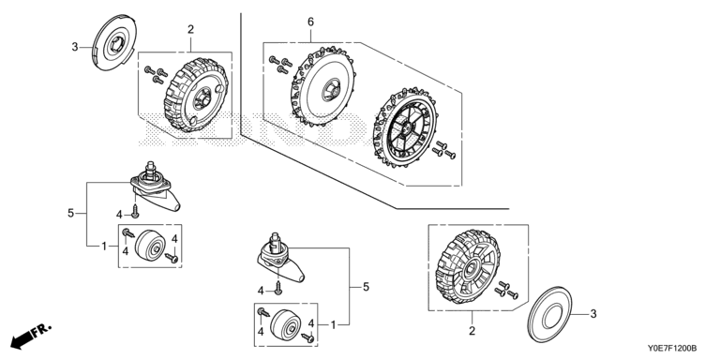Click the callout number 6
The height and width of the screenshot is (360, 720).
coord(311,22)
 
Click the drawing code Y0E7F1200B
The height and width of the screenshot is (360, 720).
coord(672,349)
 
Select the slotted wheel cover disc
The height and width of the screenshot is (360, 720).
coord(114,43)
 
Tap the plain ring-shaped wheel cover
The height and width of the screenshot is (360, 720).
coord(549,315)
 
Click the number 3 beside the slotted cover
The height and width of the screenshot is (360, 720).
coord(75,47)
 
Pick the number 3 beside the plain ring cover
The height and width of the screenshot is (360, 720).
coord(593,314)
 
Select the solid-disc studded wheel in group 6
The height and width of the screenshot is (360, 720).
coord(322,86)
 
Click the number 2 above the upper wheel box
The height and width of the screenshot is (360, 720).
coord(190,29)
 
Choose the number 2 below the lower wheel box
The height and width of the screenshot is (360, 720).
coord(472,331)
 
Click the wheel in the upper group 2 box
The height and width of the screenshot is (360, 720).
coord(196,95)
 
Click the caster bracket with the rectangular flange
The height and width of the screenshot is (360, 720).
coord(154,189)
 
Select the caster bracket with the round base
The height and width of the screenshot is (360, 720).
coord(278,259)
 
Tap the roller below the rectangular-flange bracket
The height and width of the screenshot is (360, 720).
coord(151,245)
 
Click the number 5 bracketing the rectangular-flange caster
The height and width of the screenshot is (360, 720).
coord(70,214)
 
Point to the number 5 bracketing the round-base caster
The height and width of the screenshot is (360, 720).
coord(366,287)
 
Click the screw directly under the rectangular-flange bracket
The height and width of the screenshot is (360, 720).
coord(135,211)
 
